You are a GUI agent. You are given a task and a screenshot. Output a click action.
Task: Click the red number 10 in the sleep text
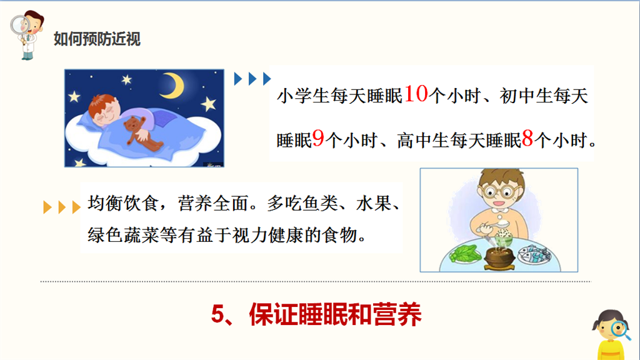416,94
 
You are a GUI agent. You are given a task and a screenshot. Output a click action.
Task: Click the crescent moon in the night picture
173,85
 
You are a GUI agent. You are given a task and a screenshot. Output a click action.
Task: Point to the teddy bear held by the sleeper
140,132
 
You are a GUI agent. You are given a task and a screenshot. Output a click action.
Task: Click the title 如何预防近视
97,39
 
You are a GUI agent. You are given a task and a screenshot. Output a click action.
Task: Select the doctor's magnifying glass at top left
20,26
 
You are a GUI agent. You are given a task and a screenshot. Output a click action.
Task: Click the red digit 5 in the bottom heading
219,314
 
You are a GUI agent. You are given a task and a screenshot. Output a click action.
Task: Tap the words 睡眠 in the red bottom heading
323,314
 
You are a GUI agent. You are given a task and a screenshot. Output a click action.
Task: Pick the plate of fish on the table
534,255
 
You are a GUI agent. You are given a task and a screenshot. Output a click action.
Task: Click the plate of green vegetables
465,254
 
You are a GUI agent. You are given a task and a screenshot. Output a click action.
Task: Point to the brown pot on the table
499,259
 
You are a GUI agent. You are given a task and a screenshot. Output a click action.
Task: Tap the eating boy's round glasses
498,191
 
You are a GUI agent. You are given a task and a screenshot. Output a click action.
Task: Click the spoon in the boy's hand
495,225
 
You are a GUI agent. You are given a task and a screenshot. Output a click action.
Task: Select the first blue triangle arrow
237,79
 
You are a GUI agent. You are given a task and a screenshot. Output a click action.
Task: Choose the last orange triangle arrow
76,207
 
